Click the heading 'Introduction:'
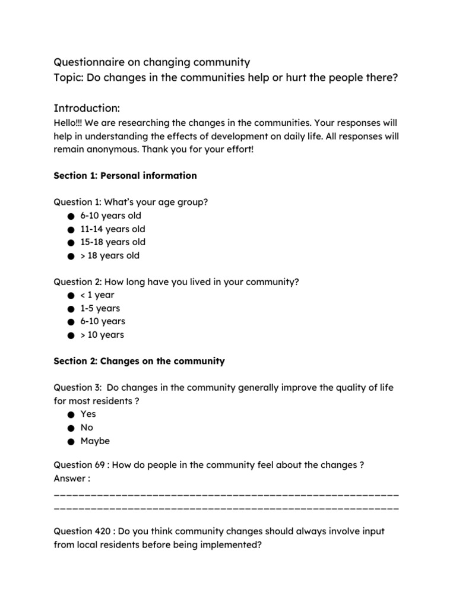[87, 108]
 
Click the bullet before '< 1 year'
[71, 296]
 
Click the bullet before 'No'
[71, 428]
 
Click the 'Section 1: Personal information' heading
[125, 176]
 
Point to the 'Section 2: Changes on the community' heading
[139, 361]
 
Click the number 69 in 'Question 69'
[99, 465]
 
